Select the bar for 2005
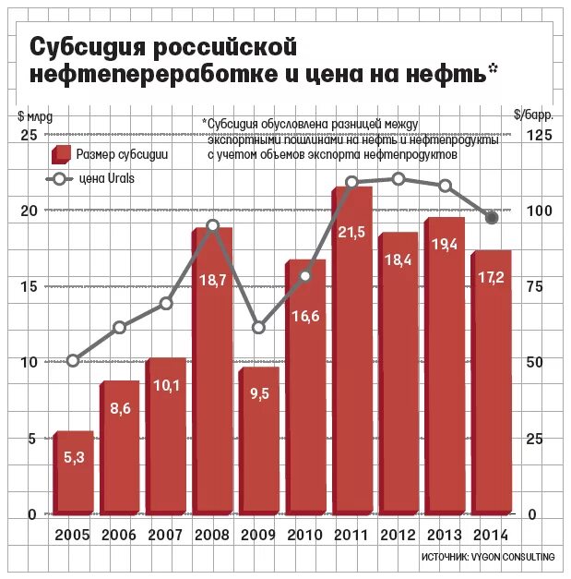[x=74, y=472]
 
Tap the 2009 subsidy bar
[x=259, y=440]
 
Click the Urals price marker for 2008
[x=213, y=225]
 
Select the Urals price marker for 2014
[x=492, y=218]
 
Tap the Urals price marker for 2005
[x=73, y=360]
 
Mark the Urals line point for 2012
[x=399, y=178]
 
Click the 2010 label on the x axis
[x=305, y=535]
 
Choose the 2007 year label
[x=166, y=535]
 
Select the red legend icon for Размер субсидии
[x=62, y=154]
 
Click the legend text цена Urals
[x=106, y=178]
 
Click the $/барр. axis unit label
[x=534, y=115]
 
